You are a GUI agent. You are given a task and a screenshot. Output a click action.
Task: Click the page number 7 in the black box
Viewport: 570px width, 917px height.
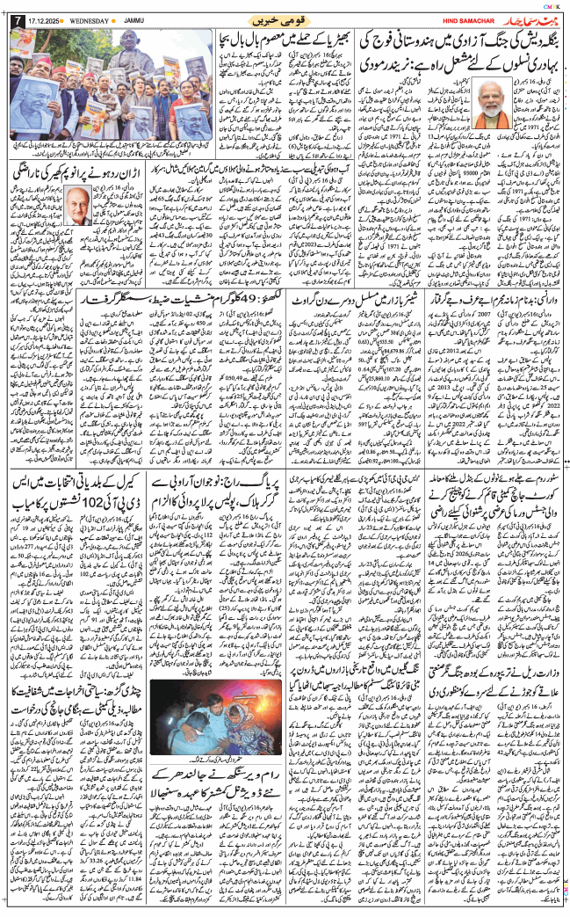point(11,19)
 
